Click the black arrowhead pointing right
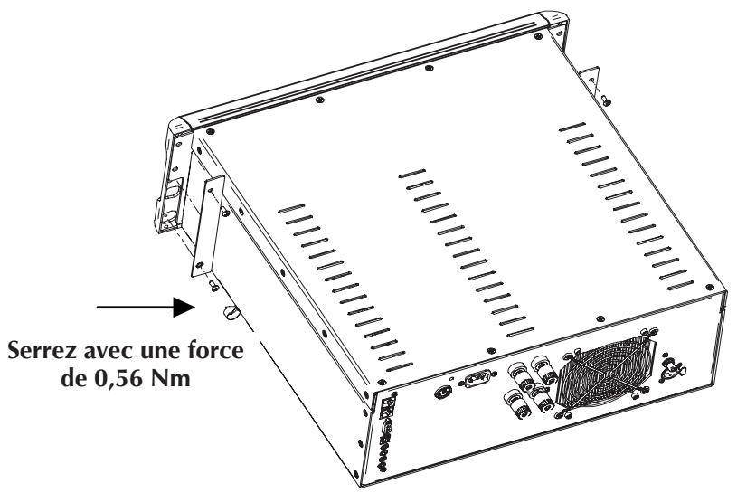coord(186,308)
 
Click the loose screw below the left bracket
coord(213,287)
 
